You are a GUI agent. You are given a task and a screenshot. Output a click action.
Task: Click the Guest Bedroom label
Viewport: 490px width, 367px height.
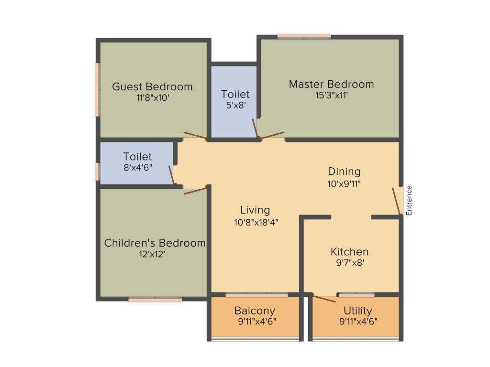(x=152, y=86)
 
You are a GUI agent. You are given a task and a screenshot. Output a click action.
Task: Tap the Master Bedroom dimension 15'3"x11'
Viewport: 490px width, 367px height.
(x=331, y=95)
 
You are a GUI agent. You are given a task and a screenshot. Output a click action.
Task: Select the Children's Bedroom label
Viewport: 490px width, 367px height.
(x=155, y=243)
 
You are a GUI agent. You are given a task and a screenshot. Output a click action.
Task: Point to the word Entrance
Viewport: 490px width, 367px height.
(x=409, y=200)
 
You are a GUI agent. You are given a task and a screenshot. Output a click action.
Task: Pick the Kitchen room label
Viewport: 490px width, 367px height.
(x=349, y=251)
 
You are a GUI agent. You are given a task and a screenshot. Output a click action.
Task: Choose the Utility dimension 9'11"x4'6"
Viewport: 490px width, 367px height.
(x=358, y=322)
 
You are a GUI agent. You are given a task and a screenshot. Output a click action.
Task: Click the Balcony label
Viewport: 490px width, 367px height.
(x=255, y=311)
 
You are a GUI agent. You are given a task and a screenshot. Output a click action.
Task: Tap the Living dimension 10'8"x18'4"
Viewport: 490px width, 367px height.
(x=255, y=222)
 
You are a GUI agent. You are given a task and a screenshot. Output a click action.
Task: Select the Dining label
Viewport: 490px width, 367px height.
(x=344, y=171)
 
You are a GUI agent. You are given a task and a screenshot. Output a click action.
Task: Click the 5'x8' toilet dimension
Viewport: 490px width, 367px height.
(x=235, y=105)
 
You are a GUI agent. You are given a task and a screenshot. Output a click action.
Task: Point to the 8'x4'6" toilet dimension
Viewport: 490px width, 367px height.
(x=137, y=168)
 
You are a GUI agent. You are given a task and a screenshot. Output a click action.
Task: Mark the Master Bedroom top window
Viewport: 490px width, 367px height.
(x=304, y=36)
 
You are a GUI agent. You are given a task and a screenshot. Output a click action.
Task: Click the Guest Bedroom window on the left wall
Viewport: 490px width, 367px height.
(x=97, y=89)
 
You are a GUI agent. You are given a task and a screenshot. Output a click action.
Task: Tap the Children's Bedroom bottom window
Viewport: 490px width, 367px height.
(x=155, y=300)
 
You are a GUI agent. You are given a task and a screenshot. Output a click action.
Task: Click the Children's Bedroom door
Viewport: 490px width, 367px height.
(x=195, y=191)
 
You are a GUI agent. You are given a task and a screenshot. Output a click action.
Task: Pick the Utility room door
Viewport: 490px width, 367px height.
(x=324, y=299)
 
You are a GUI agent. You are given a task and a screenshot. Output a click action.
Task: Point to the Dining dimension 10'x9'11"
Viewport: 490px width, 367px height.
(x=344, y=183)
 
